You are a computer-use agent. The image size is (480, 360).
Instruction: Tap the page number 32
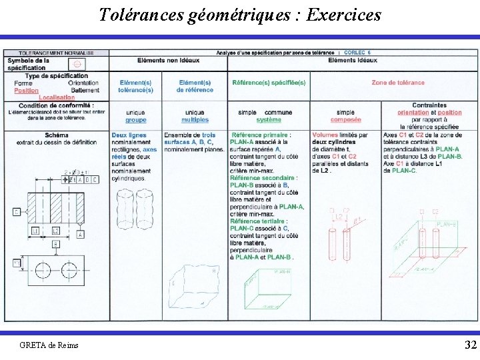(x=471, y=345)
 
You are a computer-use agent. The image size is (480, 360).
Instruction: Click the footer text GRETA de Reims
(x=49, y=345)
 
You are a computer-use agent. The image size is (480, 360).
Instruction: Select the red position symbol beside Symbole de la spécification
(x=77, y=64)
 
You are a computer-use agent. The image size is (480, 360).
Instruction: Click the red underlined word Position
(x=27, y=91)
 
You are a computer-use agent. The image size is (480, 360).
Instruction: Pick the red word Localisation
(x=57, y=97)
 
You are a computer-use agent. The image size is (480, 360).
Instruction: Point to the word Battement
(x=85, y=91)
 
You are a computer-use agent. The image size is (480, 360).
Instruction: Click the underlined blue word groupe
(x=135, y=120)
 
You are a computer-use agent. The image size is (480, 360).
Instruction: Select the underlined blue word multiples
(x=195, y=120)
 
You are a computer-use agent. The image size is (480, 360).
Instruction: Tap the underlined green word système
(x=269, y=120)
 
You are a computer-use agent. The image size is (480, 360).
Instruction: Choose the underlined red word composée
(x=345, y=120)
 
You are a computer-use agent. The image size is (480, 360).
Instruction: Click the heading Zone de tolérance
(x=397, y=83)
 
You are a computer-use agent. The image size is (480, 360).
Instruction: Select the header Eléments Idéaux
(x=353, y=60)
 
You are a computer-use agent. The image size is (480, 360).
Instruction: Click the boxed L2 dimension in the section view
(x=56, y=230)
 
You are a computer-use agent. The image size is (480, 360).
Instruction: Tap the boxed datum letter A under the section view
(x=80, y=234)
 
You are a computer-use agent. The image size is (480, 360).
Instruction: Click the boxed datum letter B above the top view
(x=55, y=244)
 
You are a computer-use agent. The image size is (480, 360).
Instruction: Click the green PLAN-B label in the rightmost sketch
(x=446, y=224)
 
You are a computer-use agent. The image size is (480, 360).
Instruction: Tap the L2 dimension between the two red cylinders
(x=339, y=217)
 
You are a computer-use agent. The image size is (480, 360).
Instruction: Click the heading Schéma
(x=57, y=135)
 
